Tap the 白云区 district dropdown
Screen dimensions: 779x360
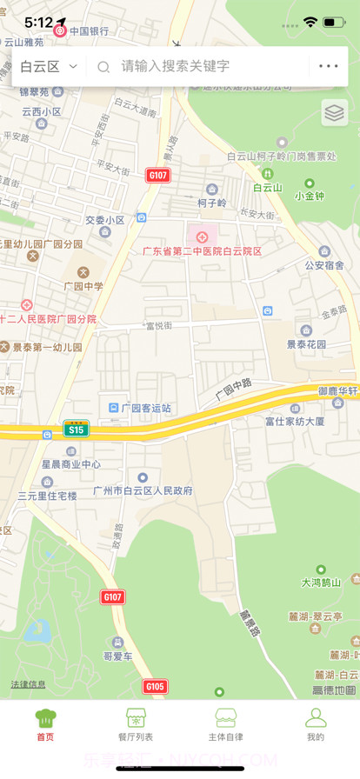[49, 66]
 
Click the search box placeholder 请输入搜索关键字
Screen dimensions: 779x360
[175, 66]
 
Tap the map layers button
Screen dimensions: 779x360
[335, 112]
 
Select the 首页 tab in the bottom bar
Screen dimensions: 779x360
[45, 724]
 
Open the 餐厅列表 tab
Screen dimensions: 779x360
[135, 724]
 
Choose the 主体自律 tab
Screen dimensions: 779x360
[225, 724]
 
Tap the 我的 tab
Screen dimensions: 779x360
[315, 724]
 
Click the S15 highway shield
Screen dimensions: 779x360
[77, 429]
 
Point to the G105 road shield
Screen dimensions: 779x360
[155, 687]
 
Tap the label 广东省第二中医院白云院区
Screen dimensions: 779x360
[203, 250]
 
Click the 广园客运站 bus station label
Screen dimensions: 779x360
[145, 408]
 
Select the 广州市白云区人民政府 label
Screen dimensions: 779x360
[143, 490]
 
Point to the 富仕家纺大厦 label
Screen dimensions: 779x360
[295, 422]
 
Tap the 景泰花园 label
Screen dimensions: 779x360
[307, 343]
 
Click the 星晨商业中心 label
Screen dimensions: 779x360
[71, 464]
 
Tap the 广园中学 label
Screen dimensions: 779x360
[83, 285]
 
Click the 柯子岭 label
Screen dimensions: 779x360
[211, 203]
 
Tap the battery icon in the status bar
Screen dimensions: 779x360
[334, 21]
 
